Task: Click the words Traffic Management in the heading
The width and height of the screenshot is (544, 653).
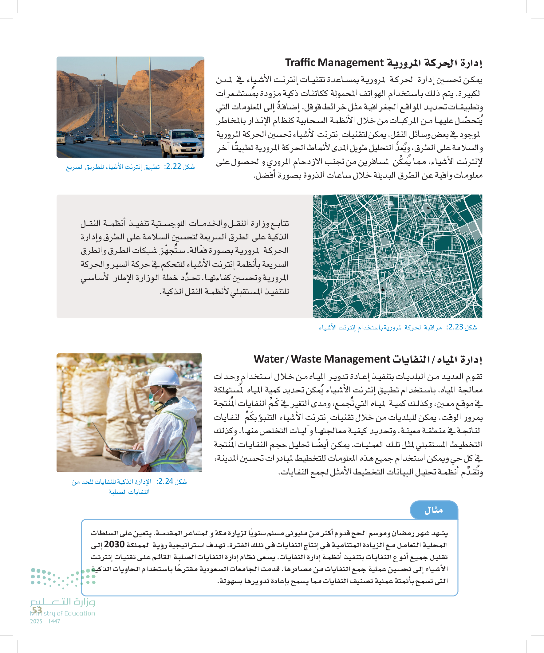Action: coord(334,63)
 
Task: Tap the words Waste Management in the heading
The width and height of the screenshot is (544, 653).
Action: coord(340,359)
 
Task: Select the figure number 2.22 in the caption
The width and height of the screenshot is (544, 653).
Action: coord(174,167)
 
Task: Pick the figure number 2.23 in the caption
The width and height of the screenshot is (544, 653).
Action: coord(456,327)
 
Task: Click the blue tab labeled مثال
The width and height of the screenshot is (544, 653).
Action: coord(434,510)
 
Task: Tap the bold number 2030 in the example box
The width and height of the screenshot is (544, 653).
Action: coord(114,544)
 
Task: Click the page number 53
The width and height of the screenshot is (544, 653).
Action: coord(37,610)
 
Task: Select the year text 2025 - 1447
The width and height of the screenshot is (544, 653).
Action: coord(45,621)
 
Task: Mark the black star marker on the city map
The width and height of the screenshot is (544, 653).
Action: coord(383,289)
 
